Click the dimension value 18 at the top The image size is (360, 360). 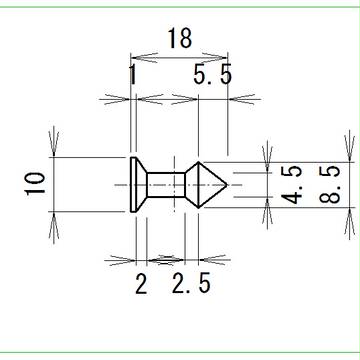click(x=180, y=38)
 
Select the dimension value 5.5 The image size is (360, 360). click(x=212, y=75)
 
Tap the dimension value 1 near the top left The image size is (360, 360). click(x=133, y=75)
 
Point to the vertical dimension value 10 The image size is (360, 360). click(x=36, y=183)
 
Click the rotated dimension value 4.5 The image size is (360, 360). click(x=292, y=184)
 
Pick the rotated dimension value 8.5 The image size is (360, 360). click(x=330, y=184)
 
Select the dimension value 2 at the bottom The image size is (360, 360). click(x=141, y=283)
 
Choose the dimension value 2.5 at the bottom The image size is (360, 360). click(x=191, y=283)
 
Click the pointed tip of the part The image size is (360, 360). click(x=227, y=184)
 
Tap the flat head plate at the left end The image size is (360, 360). click(x=133, y=184)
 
